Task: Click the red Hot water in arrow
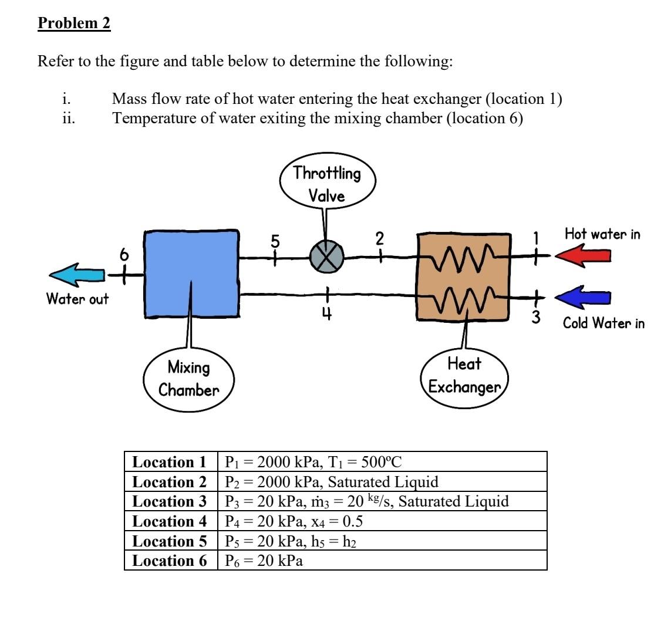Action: tap(583, 255)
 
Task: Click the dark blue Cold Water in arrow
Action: tap(583, 297)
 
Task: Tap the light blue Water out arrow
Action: tap(77, 275)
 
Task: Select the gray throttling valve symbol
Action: tap(326, 257)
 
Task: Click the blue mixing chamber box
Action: tap(191, 274)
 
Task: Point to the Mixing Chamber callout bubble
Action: tap(188, 379)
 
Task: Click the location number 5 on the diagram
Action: tap(275, 241)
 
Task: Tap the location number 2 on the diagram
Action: tap(379, 239)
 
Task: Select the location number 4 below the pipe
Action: tap(326, 315)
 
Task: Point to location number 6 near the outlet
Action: tap(124, 254)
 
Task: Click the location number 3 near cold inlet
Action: tap(535, 317)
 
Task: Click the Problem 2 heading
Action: tap(74, 23)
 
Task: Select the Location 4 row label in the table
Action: tap(170, 521)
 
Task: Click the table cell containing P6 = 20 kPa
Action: tap(382, 560)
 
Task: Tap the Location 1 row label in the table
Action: tap(170, 462)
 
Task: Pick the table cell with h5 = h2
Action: tap(382, 541)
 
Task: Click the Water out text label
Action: tap(77, 298)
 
